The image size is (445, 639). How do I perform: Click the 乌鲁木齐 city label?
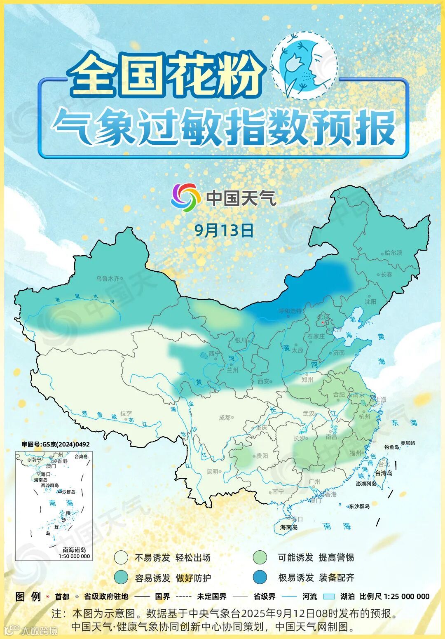[108, 279]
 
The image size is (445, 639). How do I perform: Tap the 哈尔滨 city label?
[393, 253]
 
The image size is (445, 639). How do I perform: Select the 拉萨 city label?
[126, 413]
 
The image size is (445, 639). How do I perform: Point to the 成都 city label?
[225, 418]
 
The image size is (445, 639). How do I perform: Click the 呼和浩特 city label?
[290, 311]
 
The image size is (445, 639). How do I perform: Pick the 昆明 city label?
[213, 472]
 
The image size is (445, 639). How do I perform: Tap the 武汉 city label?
[309, 413]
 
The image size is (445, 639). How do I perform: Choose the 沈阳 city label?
[370, 301]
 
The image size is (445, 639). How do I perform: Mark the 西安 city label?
[264, 381]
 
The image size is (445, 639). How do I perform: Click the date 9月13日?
[224, 230]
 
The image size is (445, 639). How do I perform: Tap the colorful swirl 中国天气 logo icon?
[186, 198]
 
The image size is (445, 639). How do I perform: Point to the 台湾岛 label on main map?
[384, 473]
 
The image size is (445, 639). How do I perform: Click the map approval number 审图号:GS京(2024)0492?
[56, 444]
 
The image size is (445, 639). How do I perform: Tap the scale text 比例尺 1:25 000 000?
[394, 596]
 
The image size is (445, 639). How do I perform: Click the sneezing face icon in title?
[304, 65]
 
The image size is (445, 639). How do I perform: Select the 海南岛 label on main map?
[289, 527]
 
